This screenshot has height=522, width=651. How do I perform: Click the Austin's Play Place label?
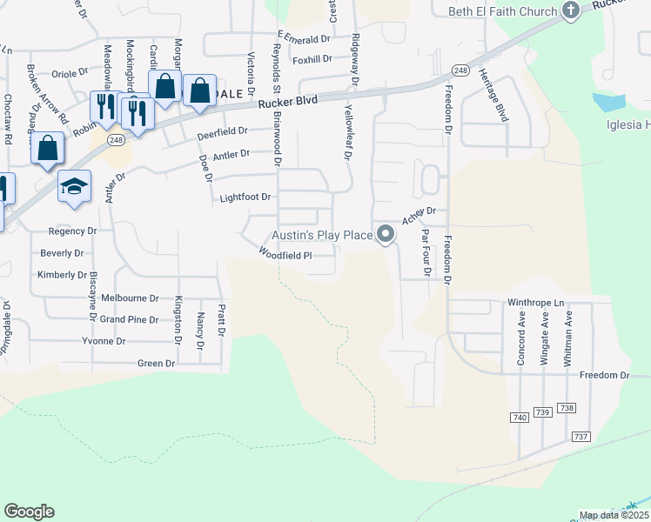[322, 235]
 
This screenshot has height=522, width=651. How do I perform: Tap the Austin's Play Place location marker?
[386, 234]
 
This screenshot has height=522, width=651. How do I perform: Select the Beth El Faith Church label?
[501, 11]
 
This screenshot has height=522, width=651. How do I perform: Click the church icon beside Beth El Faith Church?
[570, 10]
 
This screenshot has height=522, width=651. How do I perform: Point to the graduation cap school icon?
[74, 185]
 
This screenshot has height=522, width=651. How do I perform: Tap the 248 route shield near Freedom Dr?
[460, 70]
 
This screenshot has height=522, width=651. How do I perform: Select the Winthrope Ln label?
[535, 304]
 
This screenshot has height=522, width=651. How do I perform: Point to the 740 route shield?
[520, 418]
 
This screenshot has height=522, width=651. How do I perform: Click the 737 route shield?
[581, 435]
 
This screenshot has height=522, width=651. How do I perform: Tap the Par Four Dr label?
[426, 252]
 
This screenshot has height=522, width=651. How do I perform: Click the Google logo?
[29, 512]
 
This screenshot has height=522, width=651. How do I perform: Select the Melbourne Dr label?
[129, 298]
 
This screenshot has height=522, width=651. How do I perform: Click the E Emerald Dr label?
[305, 39]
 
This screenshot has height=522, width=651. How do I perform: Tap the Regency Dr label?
[73, 231]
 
